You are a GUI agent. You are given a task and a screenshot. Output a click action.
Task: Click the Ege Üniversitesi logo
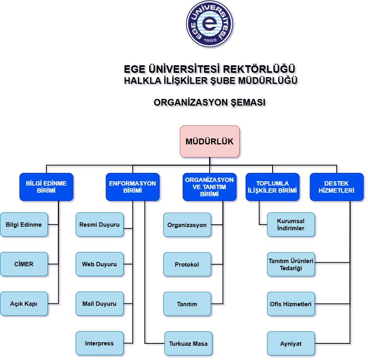coord(210,24)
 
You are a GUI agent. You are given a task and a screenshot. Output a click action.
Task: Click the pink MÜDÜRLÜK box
coord(210,141)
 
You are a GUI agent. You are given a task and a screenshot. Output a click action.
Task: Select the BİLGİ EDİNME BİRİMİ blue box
coord(46,187)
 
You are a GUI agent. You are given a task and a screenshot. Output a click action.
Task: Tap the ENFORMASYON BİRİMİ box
coord(133,187)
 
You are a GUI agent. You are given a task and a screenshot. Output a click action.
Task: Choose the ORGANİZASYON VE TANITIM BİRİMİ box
coord(210,187)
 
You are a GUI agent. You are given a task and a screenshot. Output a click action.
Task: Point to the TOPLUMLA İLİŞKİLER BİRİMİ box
coord(273,187)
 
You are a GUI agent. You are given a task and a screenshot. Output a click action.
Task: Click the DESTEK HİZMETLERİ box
coord(337,187)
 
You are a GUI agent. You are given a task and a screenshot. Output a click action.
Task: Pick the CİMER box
coord(24,264)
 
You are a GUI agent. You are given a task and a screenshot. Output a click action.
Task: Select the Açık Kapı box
coord(24,304)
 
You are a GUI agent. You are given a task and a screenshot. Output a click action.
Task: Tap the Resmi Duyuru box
coord(99,225)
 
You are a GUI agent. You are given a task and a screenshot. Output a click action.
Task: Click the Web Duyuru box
coord(99,264)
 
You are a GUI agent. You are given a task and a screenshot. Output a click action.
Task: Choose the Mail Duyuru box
coord(99,304)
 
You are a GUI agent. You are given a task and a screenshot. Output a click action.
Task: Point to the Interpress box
coord(99,343)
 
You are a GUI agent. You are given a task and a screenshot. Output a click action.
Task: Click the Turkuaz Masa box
coord(188,343)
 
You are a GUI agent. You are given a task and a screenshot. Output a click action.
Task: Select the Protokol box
coord(187,264)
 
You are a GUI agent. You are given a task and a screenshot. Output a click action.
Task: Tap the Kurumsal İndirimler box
coord(291,225)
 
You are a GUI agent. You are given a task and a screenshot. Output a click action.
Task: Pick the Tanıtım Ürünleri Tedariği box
coord(291,264)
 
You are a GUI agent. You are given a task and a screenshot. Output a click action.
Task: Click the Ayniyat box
coord(291,343)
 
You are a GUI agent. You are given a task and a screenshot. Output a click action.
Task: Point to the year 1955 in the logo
coord(210,40)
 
